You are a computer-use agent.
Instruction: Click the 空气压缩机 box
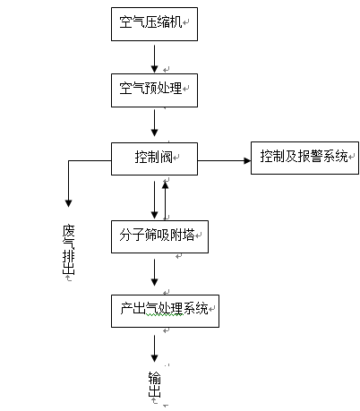coord(154,24)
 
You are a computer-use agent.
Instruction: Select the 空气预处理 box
coord(154,90)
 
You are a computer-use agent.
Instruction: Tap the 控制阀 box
coord(154,158)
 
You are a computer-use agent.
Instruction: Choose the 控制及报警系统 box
coord(304,158)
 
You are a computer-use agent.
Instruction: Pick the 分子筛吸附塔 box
coord(159,237)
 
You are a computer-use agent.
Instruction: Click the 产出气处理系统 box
coord(165,312)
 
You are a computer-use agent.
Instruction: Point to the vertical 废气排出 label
coord(68,250)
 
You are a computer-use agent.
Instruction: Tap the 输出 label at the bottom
coord(154,384)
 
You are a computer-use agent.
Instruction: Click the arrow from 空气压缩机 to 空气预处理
coord(154,59)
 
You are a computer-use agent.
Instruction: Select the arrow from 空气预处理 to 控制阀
coord(154,123)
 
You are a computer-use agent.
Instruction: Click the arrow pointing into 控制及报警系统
coord(224,161)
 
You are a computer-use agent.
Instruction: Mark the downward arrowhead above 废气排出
coord(68,203)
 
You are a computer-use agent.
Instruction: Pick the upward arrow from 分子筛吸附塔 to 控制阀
coord(165,201)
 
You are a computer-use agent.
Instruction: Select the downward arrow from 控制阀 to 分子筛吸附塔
coord(154,200)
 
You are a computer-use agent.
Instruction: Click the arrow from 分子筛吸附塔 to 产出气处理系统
coord(154,272)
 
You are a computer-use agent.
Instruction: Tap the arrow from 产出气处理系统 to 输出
coord(154,348)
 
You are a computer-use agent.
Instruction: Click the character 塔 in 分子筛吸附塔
coord(188,235)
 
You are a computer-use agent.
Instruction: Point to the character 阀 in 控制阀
coord(167,157)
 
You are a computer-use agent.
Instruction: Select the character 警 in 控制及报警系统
coord(316,156)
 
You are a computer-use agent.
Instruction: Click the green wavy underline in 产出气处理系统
coord(165,314)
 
